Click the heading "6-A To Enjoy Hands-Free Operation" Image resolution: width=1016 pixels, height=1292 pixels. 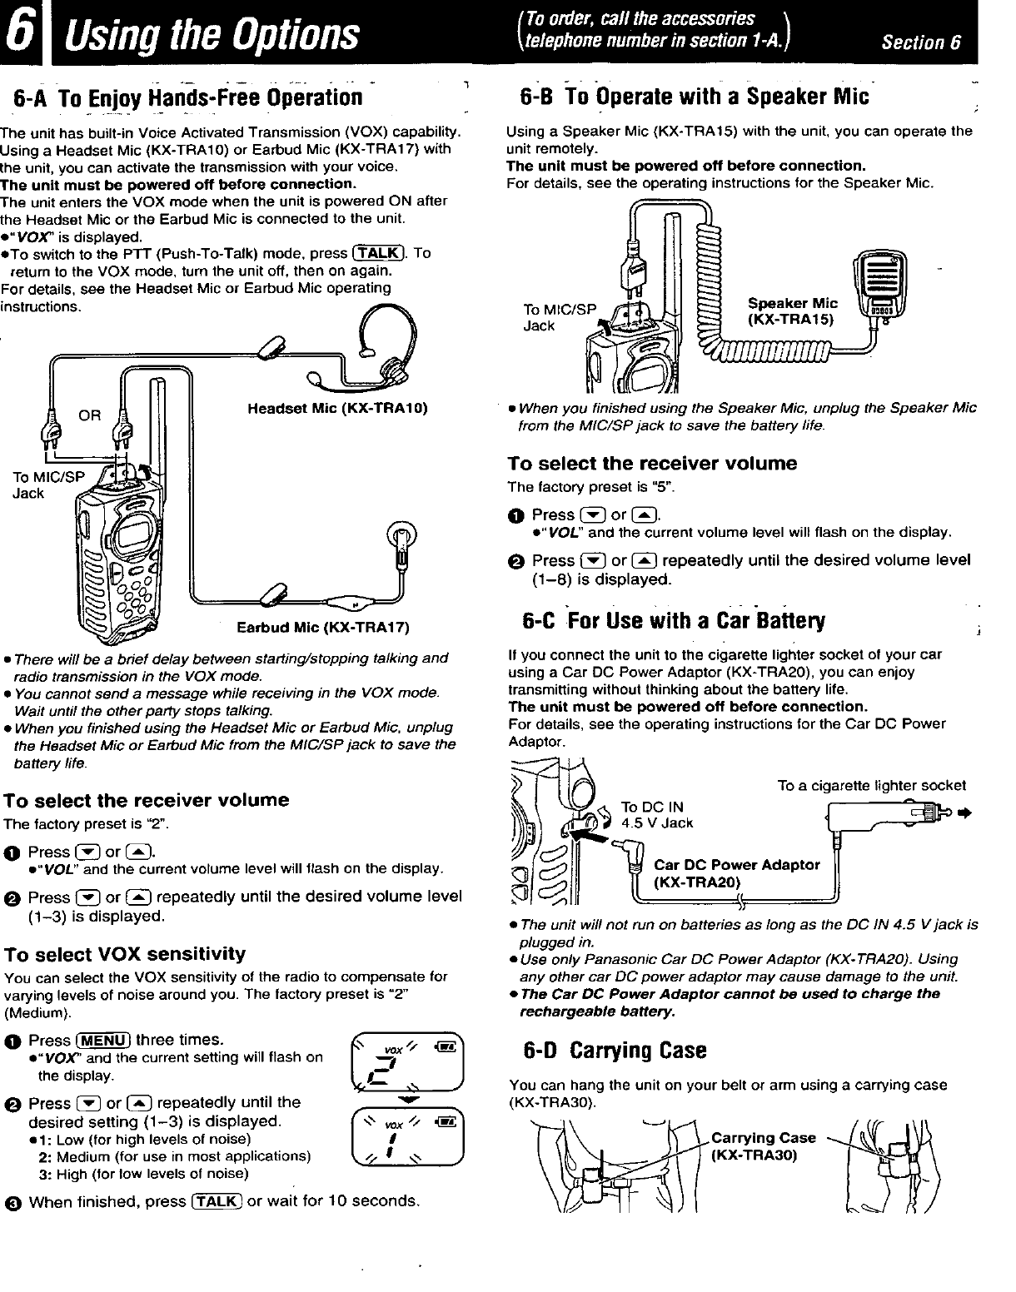click(x=187, y=98)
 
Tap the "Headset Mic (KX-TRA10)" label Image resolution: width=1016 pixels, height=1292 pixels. click(x=337, y=409)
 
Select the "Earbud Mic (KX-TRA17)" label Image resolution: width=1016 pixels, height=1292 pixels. click(x=323, y=628)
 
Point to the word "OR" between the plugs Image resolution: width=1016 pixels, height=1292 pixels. click(x=89, y=415)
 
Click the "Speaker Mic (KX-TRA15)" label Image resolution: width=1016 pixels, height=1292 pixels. click(x=793, y=311)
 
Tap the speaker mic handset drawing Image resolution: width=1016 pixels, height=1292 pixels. click(x=880, y=286)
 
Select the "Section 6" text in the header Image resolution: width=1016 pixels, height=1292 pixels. click(x=921, y=42)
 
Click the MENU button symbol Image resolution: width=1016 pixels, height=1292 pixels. click(x=103, y=1041)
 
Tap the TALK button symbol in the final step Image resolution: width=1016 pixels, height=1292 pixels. click(x=217, y=1200)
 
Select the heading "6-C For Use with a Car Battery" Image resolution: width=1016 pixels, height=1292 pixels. click(x=674, y=621)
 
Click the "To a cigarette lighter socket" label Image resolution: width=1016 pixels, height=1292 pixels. click(x=872, y=786)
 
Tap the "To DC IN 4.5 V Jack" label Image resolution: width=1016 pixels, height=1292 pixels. click(x=657, y=815)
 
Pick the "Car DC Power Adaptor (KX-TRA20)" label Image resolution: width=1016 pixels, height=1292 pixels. click(x=737, y=873)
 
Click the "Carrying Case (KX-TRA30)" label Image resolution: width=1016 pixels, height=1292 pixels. click(x=763, y=1146)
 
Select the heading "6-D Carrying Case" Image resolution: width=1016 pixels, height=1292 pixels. click(x=615, y=1051)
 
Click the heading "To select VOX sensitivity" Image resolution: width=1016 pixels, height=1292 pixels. click(x=125, y=955)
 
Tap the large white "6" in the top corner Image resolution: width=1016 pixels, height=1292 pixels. click(x=20, y=32)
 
